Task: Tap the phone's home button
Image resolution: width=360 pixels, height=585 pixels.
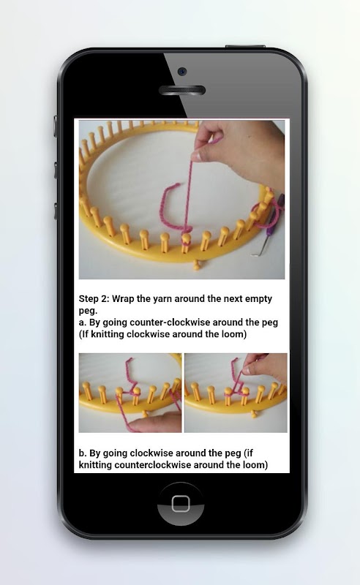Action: click(181, 504)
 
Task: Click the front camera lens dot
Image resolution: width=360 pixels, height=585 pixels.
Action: click(182, 71)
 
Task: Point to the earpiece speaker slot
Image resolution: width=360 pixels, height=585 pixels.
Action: click(182, 90)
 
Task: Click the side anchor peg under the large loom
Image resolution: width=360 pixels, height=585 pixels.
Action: click(196, 265)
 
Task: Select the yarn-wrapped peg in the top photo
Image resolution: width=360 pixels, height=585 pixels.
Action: click(186, 243)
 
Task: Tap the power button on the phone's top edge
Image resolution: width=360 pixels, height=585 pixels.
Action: click(245, 47)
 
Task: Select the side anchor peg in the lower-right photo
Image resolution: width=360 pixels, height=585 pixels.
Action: click(255, 413)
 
